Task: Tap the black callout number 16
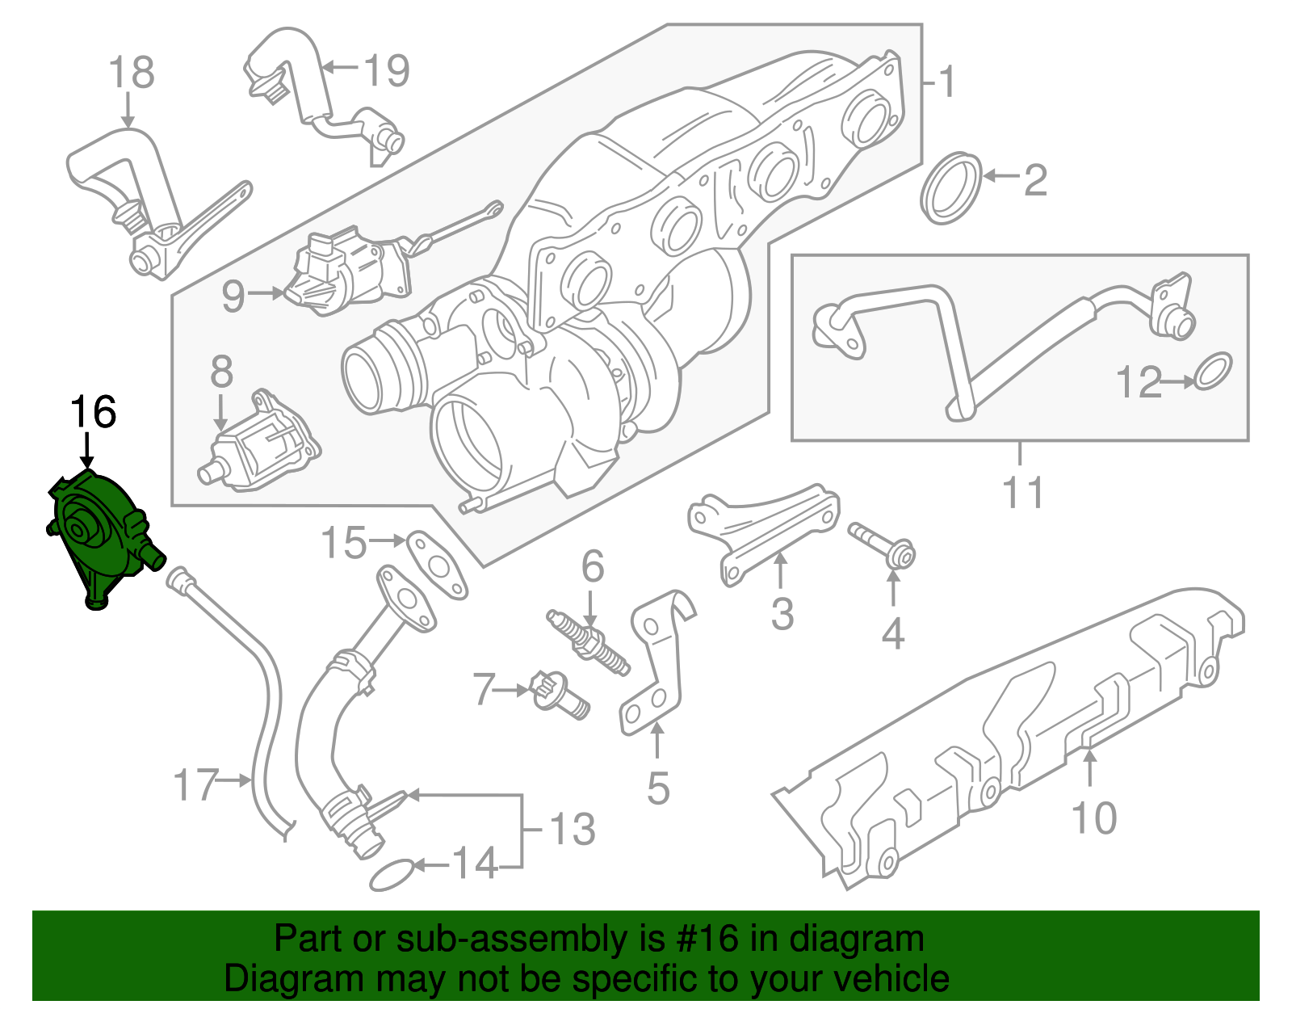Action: pos(93,413)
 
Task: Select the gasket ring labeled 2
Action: pos(951,187)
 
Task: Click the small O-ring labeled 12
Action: pos(1213,371)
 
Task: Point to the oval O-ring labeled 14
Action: pos(392,875)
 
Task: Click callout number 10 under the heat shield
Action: pos(1093,818)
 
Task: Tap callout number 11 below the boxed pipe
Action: pos(1022,492)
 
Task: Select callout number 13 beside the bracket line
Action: pos(572,830)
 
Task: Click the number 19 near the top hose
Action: pos(387,70)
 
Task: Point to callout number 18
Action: pos(132,73)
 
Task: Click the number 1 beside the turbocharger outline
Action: pos(947,82)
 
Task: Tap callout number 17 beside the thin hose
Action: pos(196,784)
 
